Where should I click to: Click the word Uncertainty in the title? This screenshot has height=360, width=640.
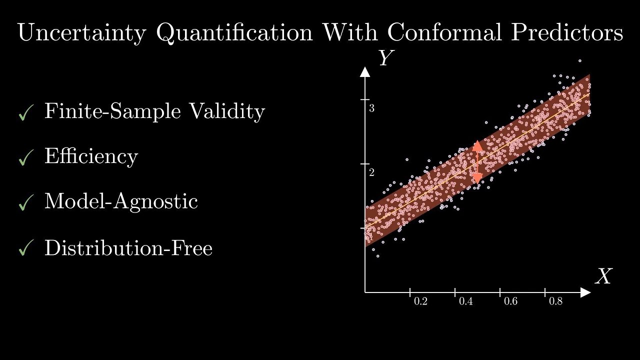point(81,33)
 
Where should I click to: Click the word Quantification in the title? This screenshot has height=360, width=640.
point(235,33)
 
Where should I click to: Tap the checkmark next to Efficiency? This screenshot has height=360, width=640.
point(25,159)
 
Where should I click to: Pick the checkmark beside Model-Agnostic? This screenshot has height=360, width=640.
point(25,203)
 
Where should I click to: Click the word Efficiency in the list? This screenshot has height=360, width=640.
point(91,156)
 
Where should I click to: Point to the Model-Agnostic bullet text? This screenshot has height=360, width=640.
point(121,201)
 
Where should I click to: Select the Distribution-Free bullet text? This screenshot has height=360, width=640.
point(128,248)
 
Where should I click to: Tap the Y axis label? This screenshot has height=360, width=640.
point(384,58)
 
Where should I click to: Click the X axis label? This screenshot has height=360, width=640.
point(603,276)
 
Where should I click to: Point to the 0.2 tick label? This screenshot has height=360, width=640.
point(420,302)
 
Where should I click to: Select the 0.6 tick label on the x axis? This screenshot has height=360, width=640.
point(510,302)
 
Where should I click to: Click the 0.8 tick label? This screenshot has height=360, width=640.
point(555,302)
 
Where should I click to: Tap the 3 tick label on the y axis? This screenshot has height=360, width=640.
point(372,108)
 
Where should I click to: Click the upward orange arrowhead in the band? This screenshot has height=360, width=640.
point(477,146)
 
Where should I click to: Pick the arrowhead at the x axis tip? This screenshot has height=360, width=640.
point(585,291)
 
